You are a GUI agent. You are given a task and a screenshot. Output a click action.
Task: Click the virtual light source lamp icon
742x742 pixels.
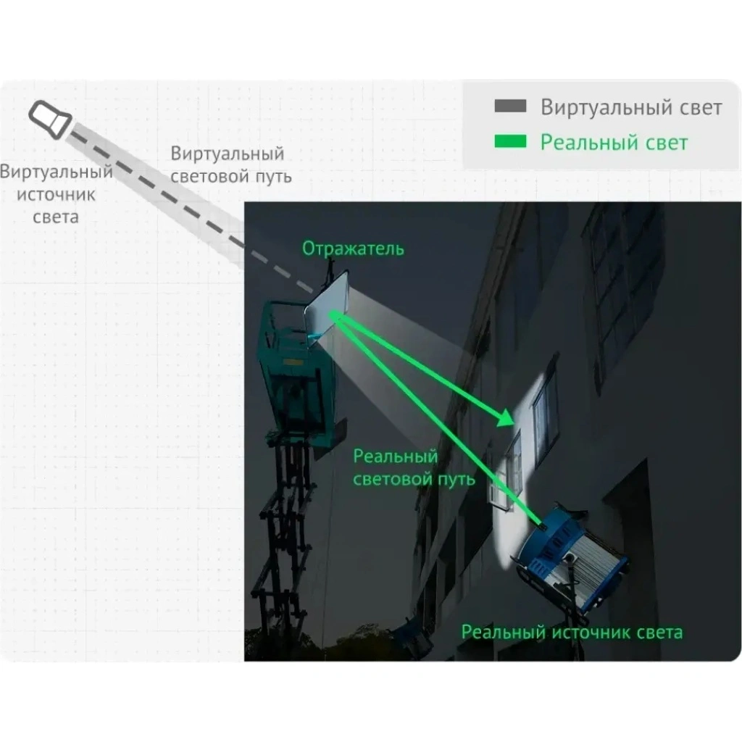[x=50, y=117]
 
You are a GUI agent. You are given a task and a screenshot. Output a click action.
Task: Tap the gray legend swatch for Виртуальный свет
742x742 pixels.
[x=510, y=107]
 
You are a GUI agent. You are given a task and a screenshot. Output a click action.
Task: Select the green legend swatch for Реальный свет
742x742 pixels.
[x=510, y=142]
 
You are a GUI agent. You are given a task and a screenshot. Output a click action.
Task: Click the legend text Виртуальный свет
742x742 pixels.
[x=631, y=107]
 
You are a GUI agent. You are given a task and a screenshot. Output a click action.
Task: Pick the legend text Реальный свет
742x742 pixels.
[x=614, y=142]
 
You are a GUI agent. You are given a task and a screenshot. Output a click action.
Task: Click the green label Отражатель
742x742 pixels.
[x=353, y=249]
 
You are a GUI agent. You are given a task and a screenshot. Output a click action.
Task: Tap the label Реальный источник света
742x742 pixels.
[x=572, y=633]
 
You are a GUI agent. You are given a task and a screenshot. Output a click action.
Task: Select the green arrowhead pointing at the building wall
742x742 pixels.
[x=505, y=420]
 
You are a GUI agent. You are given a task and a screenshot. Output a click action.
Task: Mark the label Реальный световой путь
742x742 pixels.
[x=414, y=467]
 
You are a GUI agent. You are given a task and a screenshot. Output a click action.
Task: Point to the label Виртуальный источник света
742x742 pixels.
[x=56, y=194]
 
